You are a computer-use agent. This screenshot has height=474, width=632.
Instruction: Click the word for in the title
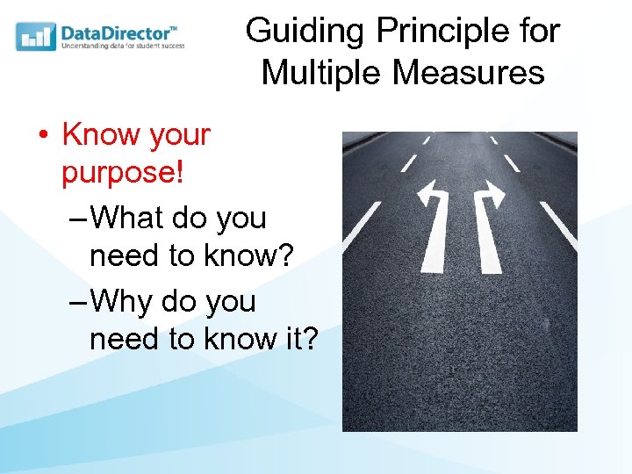click(539, 32)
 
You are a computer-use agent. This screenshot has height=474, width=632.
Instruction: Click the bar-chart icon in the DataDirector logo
click(36, 37)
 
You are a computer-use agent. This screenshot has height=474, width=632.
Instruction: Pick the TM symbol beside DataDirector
click(173, 27)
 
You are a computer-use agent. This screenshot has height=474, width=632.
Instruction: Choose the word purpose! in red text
click(122, 173)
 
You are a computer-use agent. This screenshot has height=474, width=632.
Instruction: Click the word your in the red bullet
click(179, 135)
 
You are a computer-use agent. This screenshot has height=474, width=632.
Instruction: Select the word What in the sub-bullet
click(127, 218)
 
